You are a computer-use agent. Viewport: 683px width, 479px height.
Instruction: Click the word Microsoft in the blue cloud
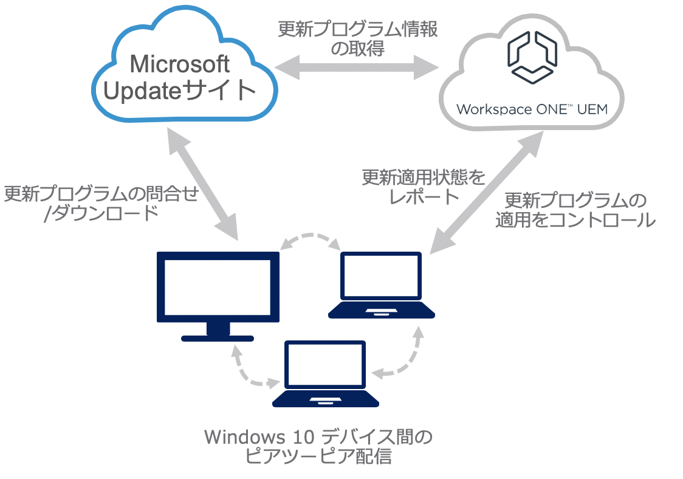click(x=180, y=64)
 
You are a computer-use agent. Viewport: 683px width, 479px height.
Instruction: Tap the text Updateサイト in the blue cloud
click(x=180, y=91)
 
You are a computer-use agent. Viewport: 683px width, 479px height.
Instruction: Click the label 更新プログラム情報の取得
click(x=358, y=39)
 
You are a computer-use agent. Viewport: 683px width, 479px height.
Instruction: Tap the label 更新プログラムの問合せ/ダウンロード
click(x=101, y=204)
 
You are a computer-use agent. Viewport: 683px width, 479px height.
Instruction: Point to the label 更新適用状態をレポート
click(x=425, y=187)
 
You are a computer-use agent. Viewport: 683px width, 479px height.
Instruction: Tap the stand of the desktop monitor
click(x=218, y=333)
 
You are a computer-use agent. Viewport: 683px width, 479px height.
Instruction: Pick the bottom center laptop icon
click(x=326, y=373)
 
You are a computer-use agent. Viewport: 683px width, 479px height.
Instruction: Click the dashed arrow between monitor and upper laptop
click(x=311, y=239)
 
